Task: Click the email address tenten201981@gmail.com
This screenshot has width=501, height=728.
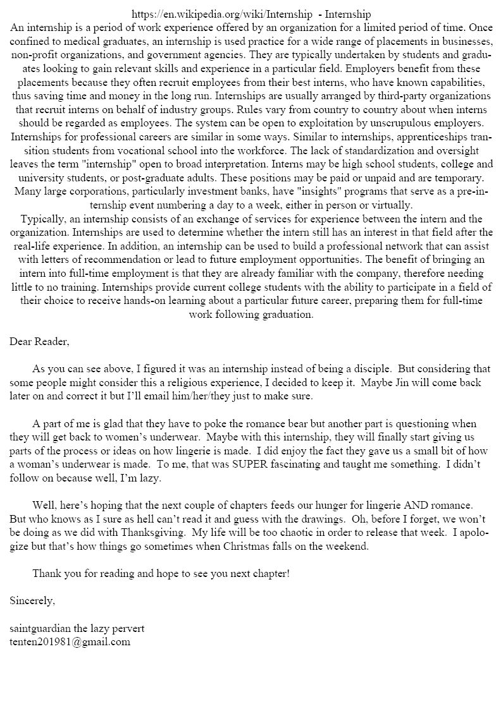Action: click(x=70, y=641)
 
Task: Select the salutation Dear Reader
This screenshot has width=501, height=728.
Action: click(x=39, y=342)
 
